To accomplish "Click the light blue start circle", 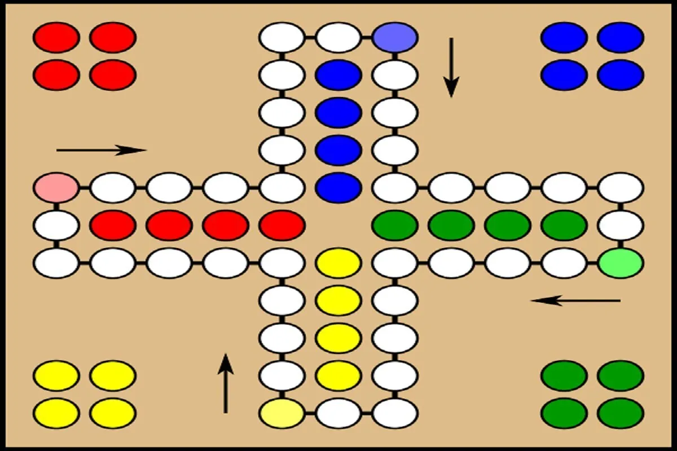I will (395, 37).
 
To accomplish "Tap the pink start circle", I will (56, 188).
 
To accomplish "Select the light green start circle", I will (621, 263).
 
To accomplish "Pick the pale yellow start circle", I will (282, 413).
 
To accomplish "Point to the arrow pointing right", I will (102, 150).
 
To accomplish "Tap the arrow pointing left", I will (575, 300).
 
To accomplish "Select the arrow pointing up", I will (226, 383).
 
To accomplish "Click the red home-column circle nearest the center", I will (282, 225).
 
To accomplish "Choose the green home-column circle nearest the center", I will (395, 225).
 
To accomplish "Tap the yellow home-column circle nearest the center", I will (338, 263).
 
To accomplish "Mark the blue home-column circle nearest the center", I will (338, 188).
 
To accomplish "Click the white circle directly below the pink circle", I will (56, 225).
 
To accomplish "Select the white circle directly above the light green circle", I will (621, 225).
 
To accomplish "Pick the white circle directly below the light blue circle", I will (395, 75).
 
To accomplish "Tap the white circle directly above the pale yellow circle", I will (282, 375).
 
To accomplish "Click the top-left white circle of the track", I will (282, 37).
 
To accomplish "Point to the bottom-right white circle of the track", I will (395, 413).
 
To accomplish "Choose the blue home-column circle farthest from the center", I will (338, 75).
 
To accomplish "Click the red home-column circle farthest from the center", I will (113, 225).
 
